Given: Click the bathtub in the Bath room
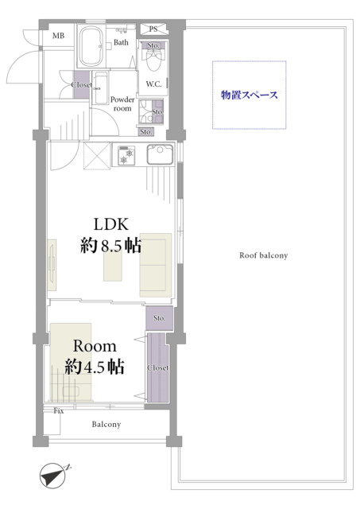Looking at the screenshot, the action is (x=91, y=46).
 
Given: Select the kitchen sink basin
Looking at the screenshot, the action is (x=160, y=154).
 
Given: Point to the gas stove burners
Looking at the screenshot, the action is (x=126, y=156).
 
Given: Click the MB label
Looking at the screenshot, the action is (x=58, y=36).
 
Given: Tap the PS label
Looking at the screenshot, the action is (x=153, y=29).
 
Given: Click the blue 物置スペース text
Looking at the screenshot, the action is (x=250, y=95).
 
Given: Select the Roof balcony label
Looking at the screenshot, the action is (x=264, y=255).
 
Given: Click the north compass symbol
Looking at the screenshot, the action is (x=53, y=476).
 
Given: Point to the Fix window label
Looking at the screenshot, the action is (x=59, y=411).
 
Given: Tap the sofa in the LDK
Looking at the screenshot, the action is (x=156, y=265).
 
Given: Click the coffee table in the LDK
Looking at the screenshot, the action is (x=113, y=266).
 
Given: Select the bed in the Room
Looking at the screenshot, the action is (x=71, y=363).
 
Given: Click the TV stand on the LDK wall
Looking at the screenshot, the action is (x=52, y=265).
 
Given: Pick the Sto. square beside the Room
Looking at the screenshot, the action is (x=159, y=318).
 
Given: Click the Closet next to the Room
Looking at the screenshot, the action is (x=158, y=367).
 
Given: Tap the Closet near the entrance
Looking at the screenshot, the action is (x=81, y=85).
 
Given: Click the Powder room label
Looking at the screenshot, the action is (x=122, y=104).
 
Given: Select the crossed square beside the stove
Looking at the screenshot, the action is (x=97, y=156).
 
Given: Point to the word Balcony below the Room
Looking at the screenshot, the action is (x=106, y=424).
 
